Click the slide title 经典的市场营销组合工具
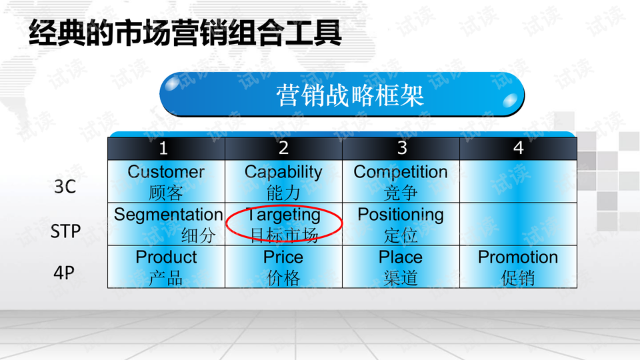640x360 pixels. point(185,33)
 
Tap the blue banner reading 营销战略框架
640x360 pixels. point(342,95)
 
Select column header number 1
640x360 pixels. point(163,148)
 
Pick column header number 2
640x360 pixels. point(283,148)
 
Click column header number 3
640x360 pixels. point(401,148)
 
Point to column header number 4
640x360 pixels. point(519,148)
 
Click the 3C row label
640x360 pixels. point(65,187)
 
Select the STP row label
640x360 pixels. point(65,231)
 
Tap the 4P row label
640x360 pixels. point(64,273)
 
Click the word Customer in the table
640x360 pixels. point(166,172)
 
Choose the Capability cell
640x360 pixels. point(283,181)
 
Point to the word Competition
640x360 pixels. point(401,172)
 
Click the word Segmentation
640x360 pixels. point(168,215)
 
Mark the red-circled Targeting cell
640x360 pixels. point(284,224)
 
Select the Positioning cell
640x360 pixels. point(401,224)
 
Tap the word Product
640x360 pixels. point(166,257)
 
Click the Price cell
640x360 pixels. point(283,267)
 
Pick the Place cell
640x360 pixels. point(401,267)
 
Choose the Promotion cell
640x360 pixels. point(518,267)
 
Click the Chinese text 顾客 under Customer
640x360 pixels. point(166,193)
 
